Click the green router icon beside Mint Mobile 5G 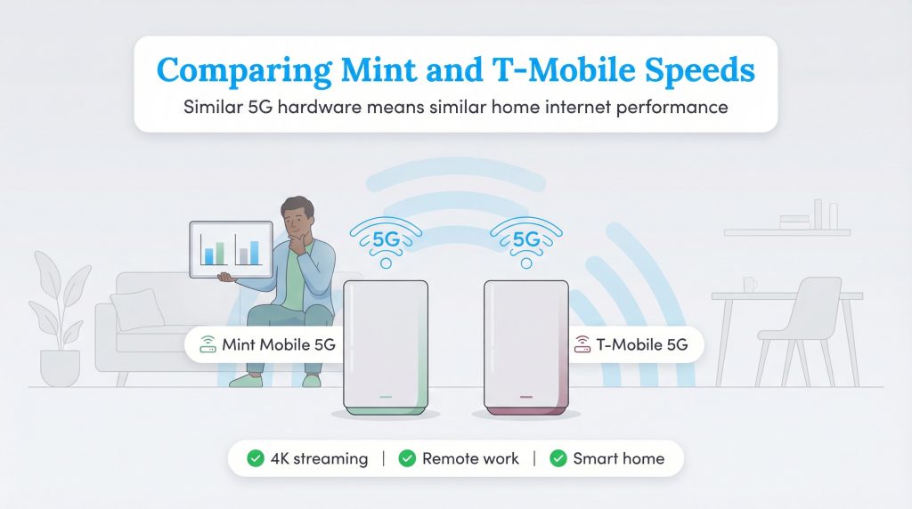[x=208, y=344]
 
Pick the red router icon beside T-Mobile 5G [x=583, y=344]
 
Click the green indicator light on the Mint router [x=385, y=397]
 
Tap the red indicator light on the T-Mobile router [x=525, y=397]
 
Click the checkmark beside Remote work [x=407, y=459]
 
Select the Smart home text [x=618, y=459]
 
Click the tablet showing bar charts [x=231, y=249]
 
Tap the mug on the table [x=751, y=285]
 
